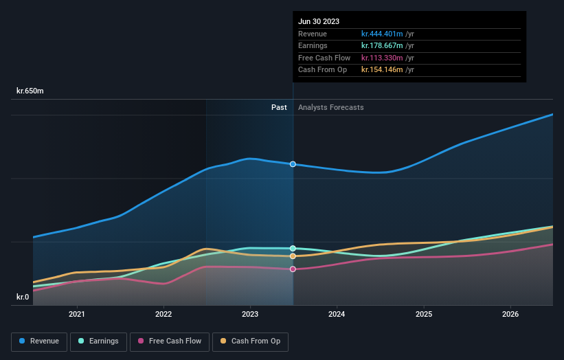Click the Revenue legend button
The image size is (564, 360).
click(x=39, y=341)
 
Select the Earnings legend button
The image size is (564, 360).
click(x=98, y=341)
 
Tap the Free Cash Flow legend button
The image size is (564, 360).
click(x=169, y=341)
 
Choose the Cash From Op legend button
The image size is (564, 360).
click(x=250, y=341)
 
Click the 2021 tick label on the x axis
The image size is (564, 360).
click(x=77, y=314)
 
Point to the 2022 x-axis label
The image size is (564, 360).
click(x=163, y=314)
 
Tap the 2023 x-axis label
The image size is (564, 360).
click(x=250, y=314)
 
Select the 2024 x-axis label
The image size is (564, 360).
click(x=337, y=314)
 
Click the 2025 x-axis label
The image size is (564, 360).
click(x=424, y=314)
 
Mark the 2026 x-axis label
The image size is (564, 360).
click(x=510, y=314)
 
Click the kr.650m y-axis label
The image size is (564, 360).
click(x=30, y=91)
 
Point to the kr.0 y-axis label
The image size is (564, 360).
click(x=23, y=297)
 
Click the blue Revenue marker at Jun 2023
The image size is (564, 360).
click(x=293, y=164)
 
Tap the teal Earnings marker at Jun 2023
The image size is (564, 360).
click(x=293, y=248)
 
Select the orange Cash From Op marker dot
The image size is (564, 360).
click(x=293, y=256)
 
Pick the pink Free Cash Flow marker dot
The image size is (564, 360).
click(x=293, y=269)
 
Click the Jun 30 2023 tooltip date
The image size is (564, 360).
click(x=319, y=22)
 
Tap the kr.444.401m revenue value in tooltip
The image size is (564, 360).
click(x=382, y=34)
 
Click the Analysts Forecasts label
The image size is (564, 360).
click(x=331, y=107)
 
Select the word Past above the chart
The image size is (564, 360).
click(x=279, y=107)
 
